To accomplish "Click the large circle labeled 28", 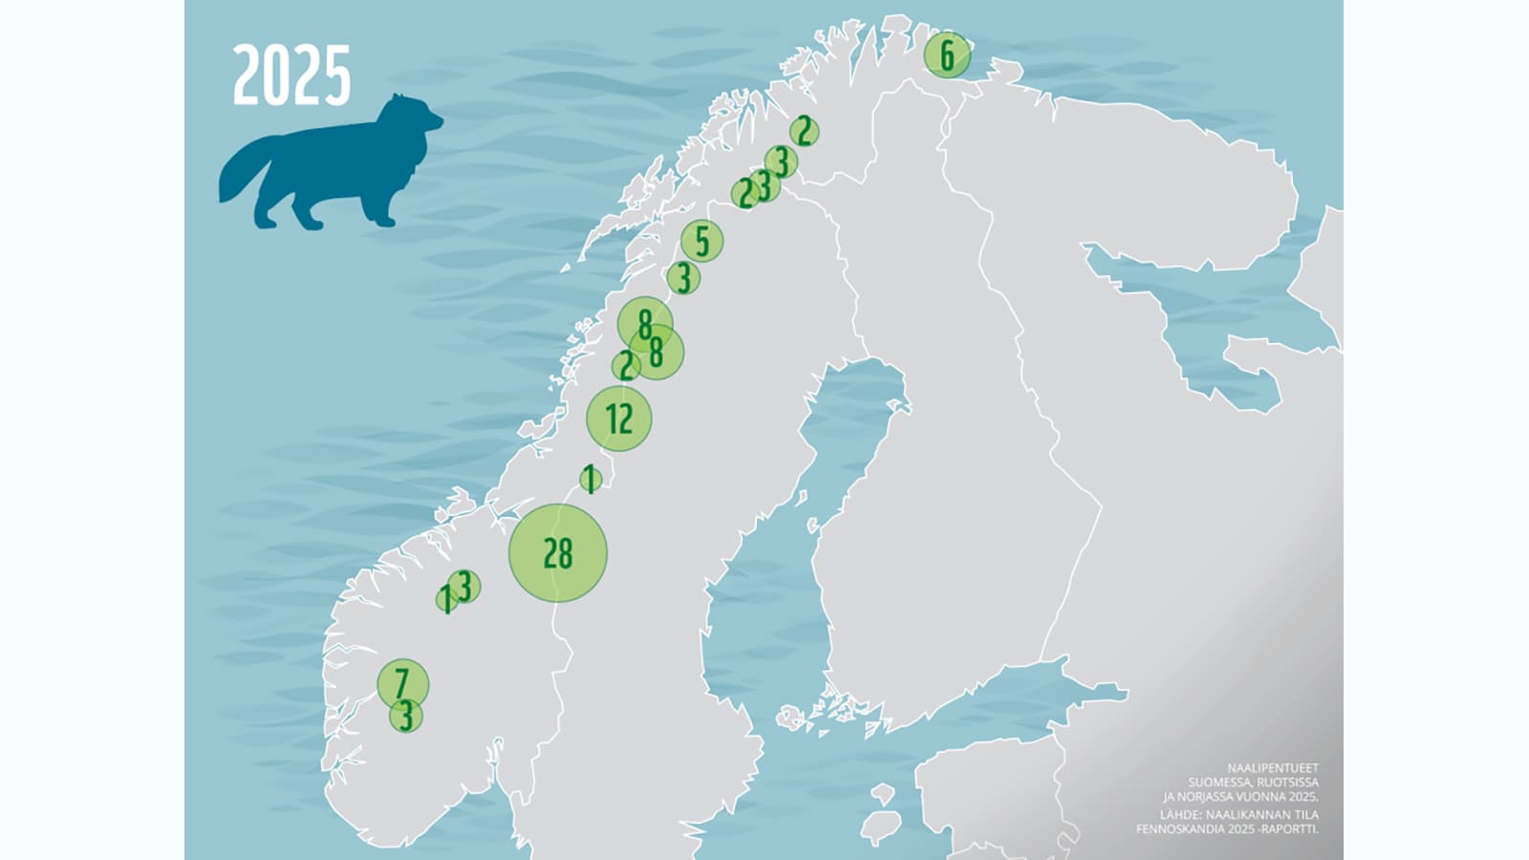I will pyautogui.click(x=558, y=553).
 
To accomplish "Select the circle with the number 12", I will pyautogui.click(x=619, y=419).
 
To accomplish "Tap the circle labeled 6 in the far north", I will pyautogui.click(x=947, y=55).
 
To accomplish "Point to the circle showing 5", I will pyautogui.click(x=702, y=242).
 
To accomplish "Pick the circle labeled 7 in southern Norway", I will pyautogui.click(x=402, y=682).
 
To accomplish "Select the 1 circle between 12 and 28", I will pyautogui.click(x=591, y=479).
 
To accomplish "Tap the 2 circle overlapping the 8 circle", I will pyautogui.click(x=625, y=366).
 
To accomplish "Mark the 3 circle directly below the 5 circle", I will pyautogui.click(x=683, y=278).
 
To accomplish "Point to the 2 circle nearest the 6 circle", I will pyautogui.click(x=804, y=131).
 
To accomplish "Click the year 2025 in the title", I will pyautogui.click(x=291, y=75).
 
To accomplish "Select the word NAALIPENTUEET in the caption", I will pyautogui.click(x=1273, y=768).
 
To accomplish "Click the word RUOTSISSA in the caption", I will pyautogui.click(x=1287, y=783).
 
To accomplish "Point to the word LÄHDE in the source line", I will pyautogui.click(x=1183, y=815).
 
